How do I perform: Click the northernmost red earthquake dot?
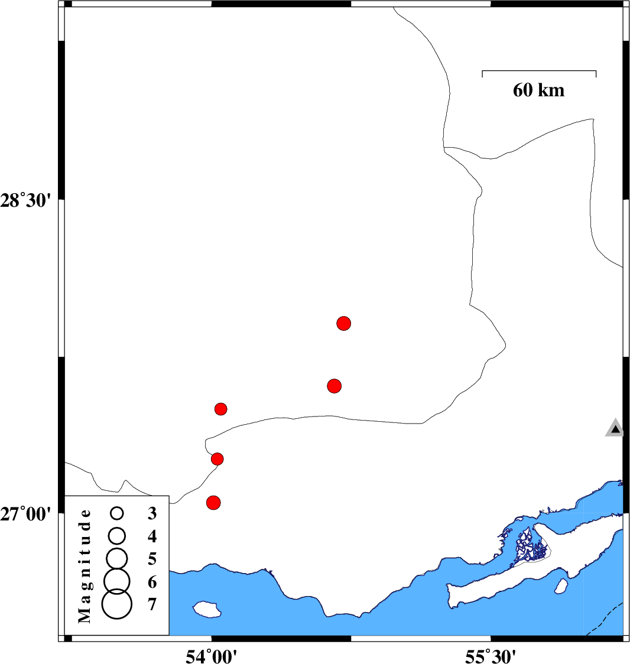[343, 324]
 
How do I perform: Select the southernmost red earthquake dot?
[213, 503]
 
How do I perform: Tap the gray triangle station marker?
[615, 428]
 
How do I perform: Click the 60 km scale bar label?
[538, 90]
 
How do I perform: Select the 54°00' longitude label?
[211, 656]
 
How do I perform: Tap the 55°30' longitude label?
[491, 656]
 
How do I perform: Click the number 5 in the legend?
[152, 559]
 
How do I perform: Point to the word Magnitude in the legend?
[85, 566]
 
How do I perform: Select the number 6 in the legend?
[152, 582]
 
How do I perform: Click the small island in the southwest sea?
[207, 610]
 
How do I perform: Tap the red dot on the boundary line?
[217, 459]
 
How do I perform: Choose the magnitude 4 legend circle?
[117, 536]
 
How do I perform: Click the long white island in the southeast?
[530, 569]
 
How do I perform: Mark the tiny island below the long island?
[561, 587]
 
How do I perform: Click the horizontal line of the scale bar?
[539, 71]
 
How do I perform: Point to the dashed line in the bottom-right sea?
[605, 619]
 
